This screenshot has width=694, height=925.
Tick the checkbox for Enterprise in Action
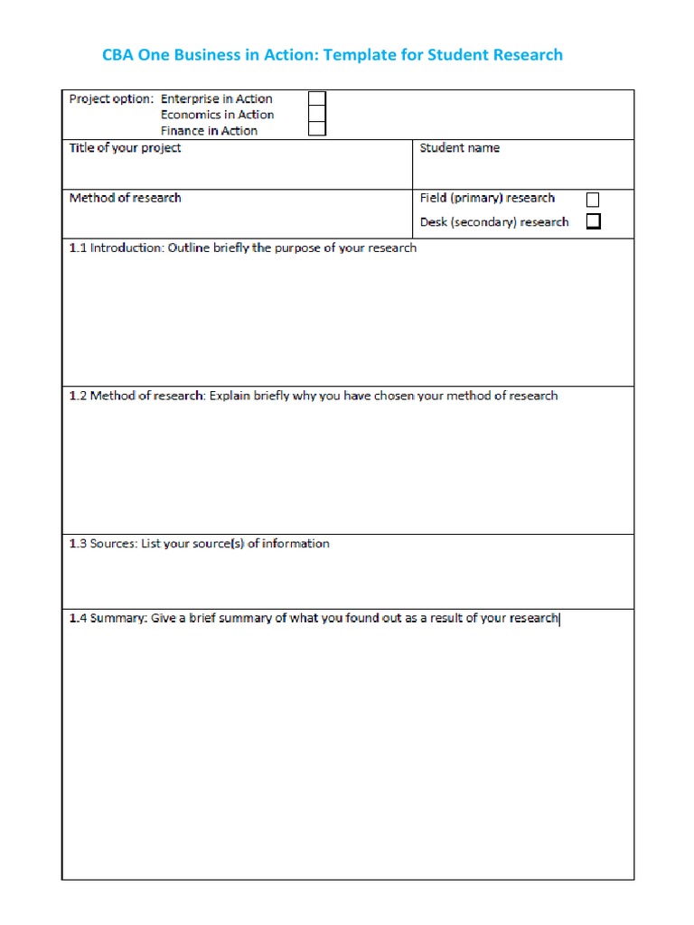pos(317,99)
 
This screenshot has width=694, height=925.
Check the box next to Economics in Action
pos(317,115)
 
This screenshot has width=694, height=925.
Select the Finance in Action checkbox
pos(317,130)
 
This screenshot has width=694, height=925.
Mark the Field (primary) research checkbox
pos(593,199)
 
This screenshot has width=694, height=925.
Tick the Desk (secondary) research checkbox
pos(593,221)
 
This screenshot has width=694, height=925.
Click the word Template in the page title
pos(360,55)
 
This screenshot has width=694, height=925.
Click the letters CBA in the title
pos(119,55)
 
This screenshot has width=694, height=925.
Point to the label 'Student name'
pos(459,148)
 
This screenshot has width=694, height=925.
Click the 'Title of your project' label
pos(125,148)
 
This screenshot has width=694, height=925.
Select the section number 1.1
pos(78,248)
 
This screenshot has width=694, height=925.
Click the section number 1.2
pos(78,396)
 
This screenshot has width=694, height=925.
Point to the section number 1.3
pos(78,544)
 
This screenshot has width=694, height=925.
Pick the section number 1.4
pos(78,619)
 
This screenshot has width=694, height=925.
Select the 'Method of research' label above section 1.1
pos(125,198)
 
